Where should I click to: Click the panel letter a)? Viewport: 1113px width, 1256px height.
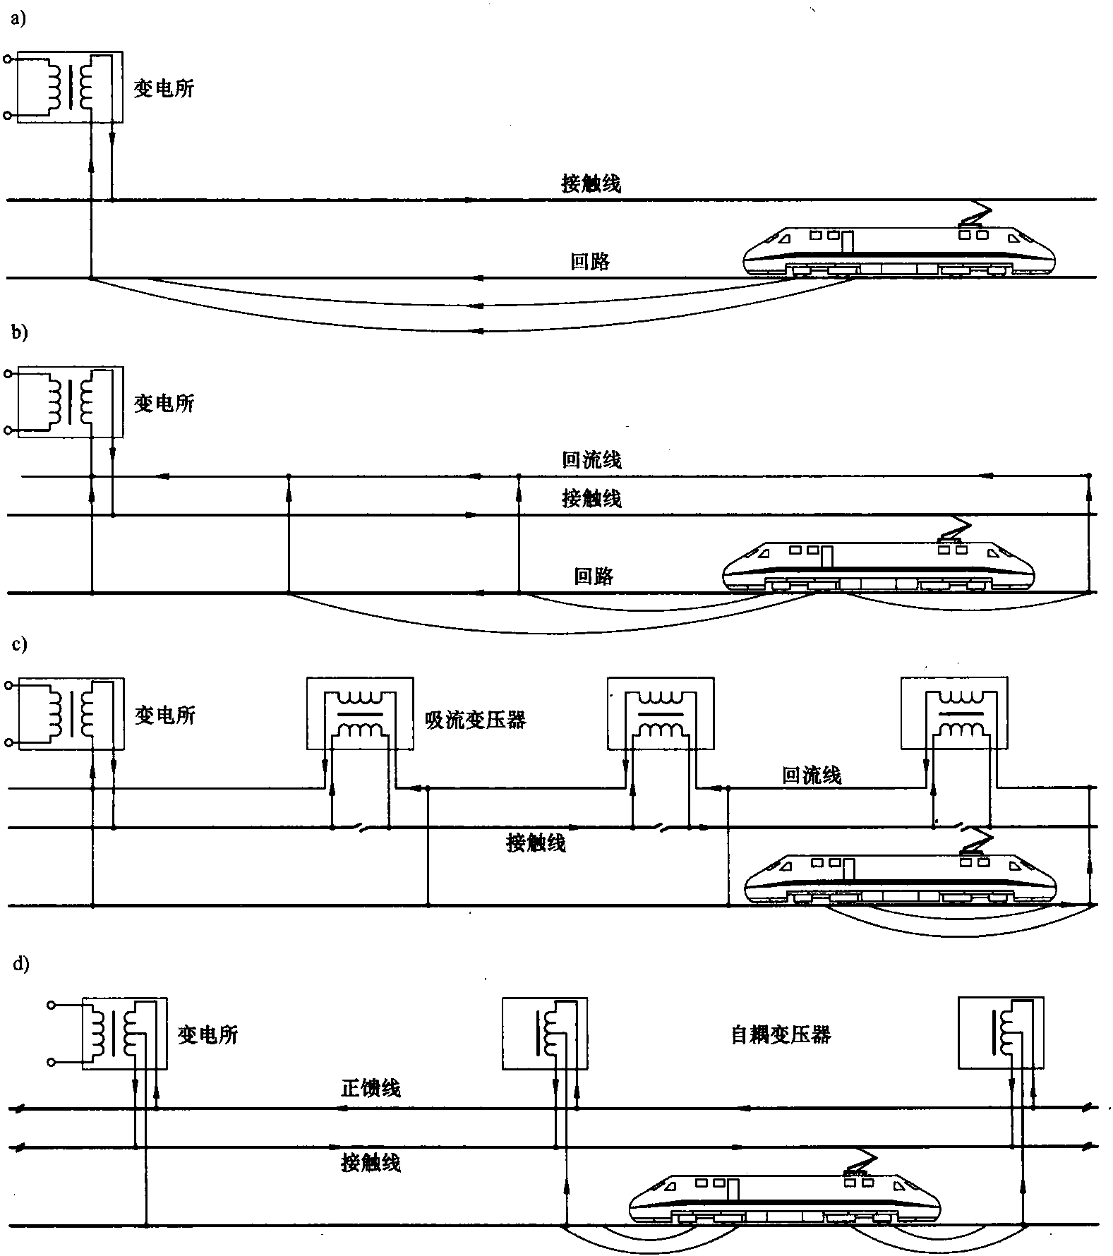(18, 20)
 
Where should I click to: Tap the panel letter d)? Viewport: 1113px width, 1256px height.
(20, 965)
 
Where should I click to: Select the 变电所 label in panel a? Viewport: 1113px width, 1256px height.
(164, 88)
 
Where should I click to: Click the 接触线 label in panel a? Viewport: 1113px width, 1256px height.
(591, 183)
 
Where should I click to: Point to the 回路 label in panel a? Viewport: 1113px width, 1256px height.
(589, 261)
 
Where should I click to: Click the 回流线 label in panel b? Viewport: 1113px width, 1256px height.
(591, 460)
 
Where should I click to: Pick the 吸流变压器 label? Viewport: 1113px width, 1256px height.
(475, 720)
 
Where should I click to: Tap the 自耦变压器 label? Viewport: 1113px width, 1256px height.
(780, 1035)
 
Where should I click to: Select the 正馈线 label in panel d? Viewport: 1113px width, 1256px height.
(371, 1088)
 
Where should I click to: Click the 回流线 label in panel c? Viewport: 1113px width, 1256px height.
(812, 775)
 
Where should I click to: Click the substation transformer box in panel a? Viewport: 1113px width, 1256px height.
(70, 87)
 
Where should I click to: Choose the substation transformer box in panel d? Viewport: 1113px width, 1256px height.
(125, 1033)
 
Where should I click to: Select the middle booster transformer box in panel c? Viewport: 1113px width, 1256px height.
(660, 713)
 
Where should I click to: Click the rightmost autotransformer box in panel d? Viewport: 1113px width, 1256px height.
(1000, 1033)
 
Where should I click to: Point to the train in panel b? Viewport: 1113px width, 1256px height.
(879, 567)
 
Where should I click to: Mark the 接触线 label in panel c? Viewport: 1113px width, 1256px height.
(536, 843)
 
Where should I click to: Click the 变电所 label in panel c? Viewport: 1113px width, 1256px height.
(164, 715)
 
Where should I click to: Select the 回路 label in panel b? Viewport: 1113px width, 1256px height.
(593, 576)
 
